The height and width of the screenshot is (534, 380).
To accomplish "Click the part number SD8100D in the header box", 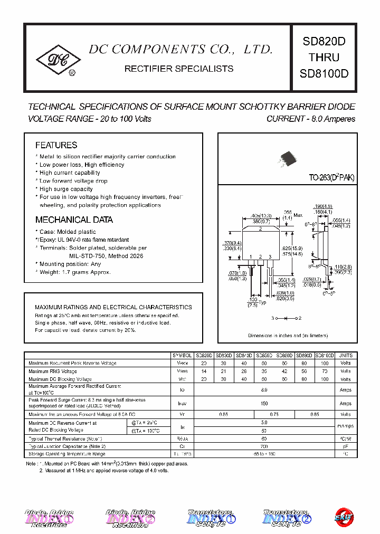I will (324, 73).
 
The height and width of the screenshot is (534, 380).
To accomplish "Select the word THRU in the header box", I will (324, 58).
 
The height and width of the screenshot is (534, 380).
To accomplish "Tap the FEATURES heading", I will (56, 145).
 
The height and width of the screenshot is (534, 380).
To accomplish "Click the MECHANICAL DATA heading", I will (74, 220).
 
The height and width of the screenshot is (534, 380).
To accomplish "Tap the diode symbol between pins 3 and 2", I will (286, 318).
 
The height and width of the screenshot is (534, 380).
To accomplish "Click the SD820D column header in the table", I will (203, 356).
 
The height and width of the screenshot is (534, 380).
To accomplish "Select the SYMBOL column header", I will (182, 356).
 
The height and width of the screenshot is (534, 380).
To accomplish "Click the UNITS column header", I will (345, 356).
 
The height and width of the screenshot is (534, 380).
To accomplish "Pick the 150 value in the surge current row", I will (264, 403).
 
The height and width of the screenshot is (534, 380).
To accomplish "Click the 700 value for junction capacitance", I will (264, 446).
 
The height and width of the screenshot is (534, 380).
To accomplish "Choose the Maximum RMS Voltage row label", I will (53, 371).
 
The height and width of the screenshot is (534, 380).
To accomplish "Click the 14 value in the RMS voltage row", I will (203, 371).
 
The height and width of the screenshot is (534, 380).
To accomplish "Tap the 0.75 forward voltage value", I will (274, 415).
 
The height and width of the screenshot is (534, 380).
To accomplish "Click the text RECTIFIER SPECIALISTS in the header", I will (178, 69).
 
